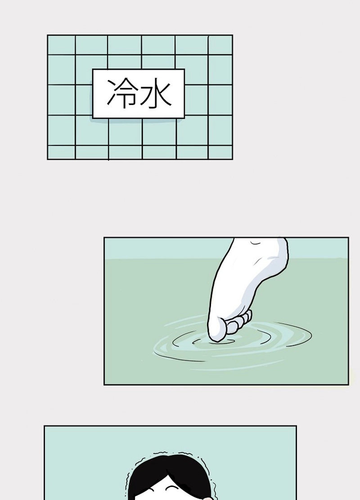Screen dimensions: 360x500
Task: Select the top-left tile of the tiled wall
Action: (62, 45)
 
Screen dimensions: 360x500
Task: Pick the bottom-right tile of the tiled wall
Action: (220, 153)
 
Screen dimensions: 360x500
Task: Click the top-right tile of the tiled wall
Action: (220, 45)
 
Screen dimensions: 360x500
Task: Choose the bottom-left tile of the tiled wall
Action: (62, 153)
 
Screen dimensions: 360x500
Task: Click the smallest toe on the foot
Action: (249, 315)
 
